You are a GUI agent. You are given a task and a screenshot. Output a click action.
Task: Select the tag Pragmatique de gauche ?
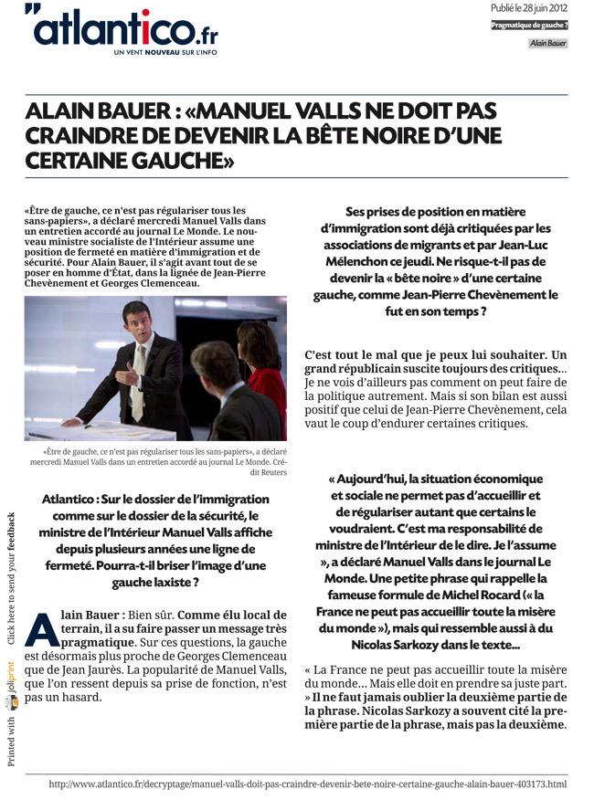(x=529, y=25)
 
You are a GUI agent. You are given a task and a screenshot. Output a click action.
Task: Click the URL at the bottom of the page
(x=307, y=784)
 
